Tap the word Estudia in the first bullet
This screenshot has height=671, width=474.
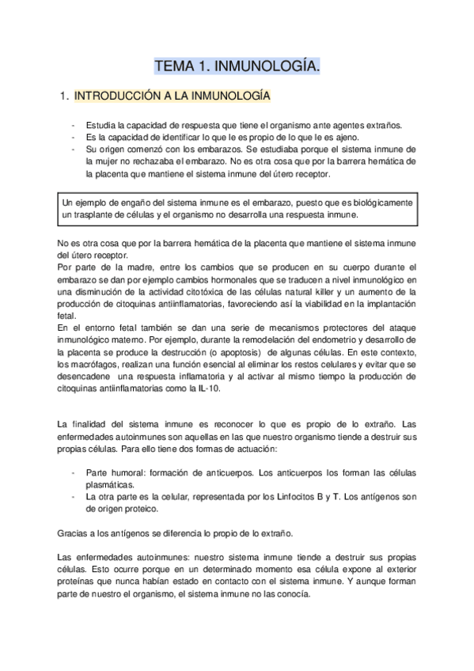(100, 125)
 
